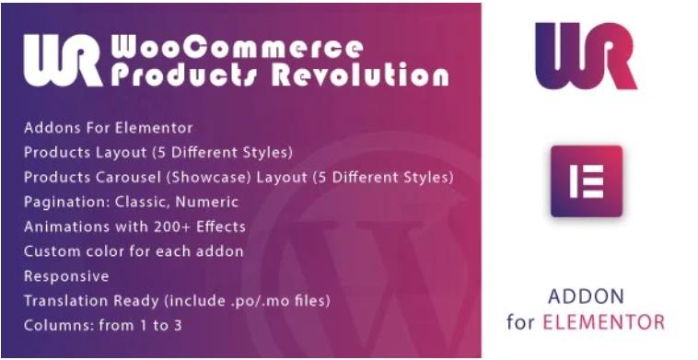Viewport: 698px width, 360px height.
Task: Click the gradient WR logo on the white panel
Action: pos(585,56)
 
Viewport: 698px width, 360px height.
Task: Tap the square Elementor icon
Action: pos(586,180)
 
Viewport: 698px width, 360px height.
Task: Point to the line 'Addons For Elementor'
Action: pos(109,127)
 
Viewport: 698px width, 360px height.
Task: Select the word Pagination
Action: pos(60,202)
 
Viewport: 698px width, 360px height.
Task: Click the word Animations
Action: pos(63,226)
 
